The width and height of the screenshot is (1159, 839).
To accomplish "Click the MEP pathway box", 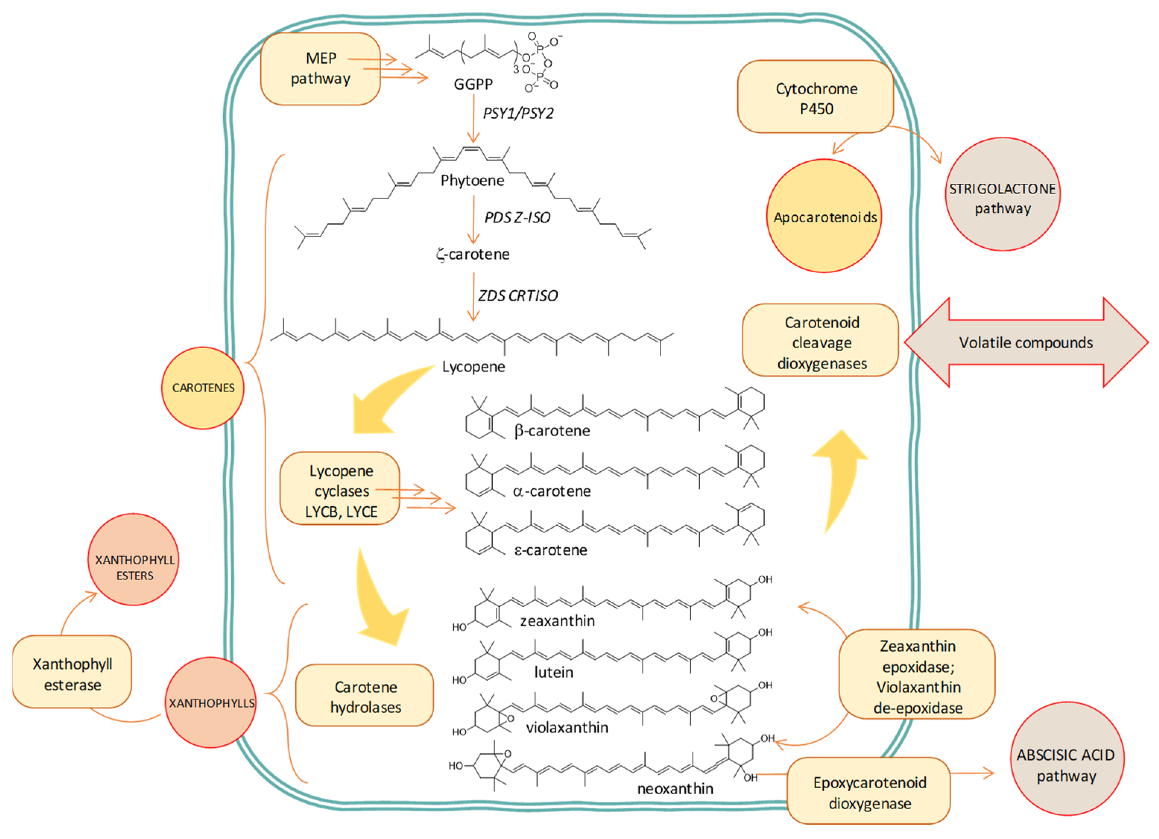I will [320, 69].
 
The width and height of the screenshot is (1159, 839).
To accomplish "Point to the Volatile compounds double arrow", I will [1026, 342].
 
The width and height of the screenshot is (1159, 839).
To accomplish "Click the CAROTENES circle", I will [203, 388].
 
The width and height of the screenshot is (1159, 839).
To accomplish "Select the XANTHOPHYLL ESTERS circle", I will [134, 567].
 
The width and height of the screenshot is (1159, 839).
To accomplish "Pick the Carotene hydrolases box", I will [365, 696].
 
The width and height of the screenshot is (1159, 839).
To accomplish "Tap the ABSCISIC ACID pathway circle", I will [1067, 764].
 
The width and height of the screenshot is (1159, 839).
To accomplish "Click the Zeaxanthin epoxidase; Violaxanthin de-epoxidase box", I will [917, 675].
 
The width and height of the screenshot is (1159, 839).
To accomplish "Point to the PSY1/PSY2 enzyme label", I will [518, 113].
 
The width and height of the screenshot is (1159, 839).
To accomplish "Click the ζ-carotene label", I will [473, 254].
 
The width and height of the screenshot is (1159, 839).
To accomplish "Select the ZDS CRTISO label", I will [518, 295].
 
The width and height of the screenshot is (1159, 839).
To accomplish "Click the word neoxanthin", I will [675, 788].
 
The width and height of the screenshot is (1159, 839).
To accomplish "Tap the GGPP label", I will [473, 84].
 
